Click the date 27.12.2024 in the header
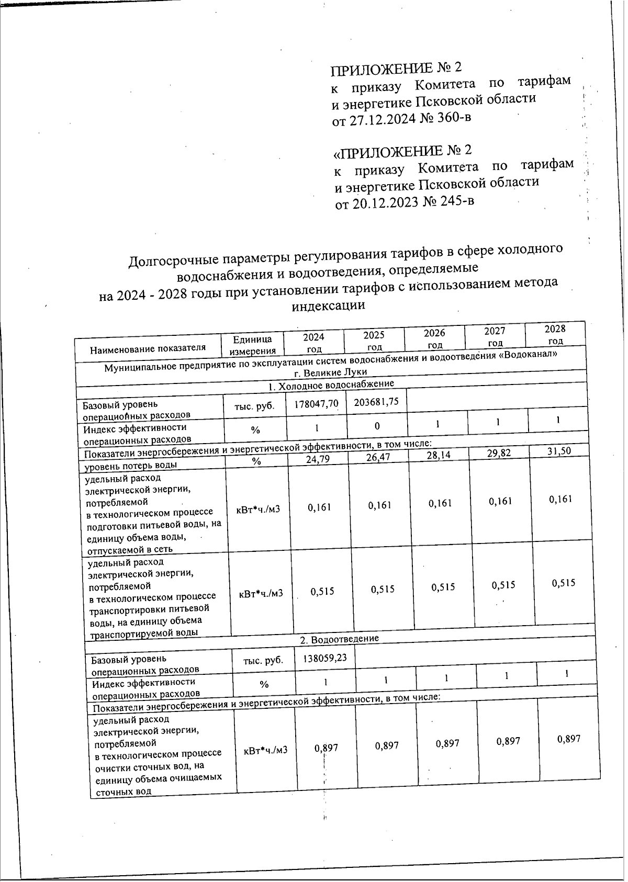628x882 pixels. tap(381, 120)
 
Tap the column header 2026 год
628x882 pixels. tap(434, 338)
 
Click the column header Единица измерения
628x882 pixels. tap(253, 345)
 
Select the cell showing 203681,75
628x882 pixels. tap(376, 401)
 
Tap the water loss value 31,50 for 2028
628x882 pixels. tap(559, 451)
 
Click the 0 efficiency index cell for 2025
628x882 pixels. tap(377, 426)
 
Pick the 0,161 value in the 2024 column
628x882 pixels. tap(319, 507)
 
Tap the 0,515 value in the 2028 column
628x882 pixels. tap(563, 583)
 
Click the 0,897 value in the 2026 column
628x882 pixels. tap(447, 743)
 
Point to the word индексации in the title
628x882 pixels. tap(328, 306)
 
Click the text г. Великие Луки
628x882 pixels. tap(330, 372)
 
